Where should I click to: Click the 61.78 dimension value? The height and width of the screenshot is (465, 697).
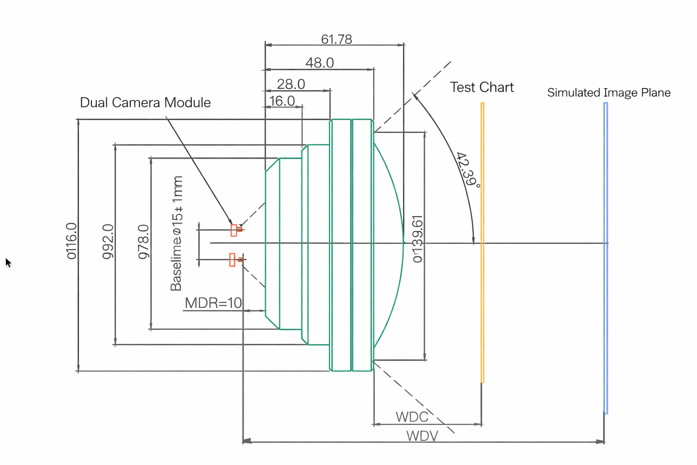coord(336,40)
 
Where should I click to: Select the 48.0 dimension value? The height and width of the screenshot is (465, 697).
coord(319,63)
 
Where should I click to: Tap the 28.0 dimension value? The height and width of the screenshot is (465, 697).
coord(291,84)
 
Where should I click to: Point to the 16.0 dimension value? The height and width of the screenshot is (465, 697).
coord(282,101)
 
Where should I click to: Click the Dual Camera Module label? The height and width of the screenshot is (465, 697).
coord(145,103)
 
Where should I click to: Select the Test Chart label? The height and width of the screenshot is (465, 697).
coord(481,87)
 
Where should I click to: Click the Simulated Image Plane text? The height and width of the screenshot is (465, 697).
coord(609,93)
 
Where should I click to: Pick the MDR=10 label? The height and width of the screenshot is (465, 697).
coord(213,303)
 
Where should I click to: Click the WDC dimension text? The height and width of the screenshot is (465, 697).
coord(412,417)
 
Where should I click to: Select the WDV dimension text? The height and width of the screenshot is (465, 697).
coord(422,436)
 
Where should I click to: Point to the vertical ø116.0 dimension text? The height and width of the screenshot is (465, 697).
coord(72,241)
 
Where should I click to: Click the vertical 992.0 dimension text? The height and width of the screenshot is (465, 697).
coord(108,242)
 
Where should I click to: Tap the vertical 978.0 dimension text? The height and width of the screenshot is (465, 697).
coord(143,242)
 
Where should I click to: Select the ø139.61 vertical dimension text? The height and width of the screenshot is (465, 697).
coord(417,239)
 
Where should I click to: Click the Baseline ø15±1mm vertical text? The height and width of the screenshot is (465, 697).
coord(177,233)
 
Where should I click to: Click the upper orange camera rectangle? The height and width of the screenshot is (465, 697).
coord(234,230)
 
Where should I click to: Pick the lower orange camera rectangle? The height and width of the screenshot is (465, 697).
coord(232,260)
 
